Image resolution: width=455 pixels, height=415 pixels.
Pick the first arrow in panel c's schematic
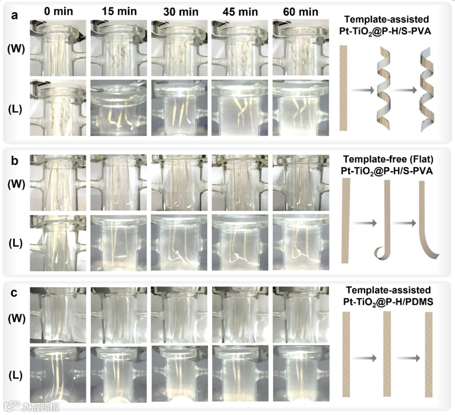pyautogui.click(x=363, y=358)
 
